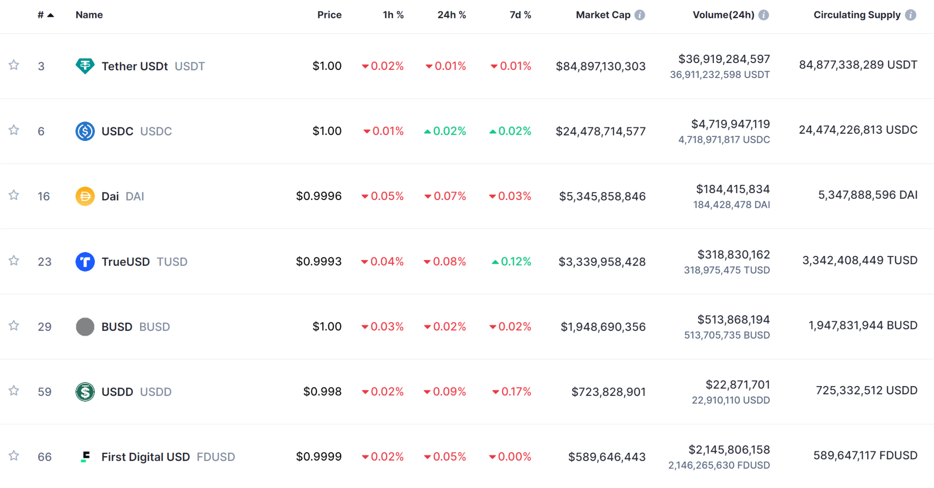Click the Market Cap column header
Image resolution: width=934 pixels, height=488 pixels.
coord(603,15)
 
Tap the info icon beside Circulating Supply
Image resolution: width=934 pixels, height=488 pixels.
coord(910,15)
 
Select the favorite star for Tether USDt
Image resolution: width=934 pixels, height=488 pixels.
coord(14,65)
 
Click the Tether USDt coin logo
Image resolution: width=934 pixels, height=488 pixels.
coord(85,66)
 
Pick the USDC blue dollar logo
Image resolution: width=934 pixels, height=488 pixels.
coord(85,131)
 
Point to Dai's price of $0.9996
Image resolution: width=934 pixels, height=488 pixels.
coord(318,196)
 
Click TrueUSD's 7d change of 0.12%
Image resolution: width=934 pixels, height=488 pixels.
coord(511,262)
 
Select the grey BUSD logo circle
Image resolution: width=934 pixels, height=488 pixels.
coord(85,327)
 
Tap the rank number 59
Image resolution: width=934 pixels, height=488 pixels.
coord(44,392)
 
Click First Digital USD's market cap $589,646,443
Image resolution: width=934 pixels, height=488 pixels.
coord(607,457)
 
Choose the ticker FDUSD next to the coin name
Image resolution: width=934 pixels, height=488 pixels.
coord(216,457)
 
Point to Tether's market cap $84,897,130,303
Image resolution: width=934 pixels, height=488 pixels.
coord(600,66)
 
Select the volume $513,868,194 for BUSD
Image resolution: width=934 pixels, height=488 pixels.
coord(733,320)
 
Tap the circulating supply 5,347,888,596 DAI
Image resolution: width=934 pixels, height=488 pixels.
coord(867,195)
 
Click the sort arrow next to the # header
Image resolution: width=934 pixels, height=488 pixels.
coord(51,15)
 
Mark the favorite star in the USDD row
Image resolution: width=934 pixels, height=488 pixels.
coord(14,391)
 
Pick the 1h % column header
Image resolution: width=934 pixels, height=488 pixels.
coord(393,15)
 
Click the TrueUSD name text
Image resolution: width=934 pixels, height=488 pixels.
coord(125,262)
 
